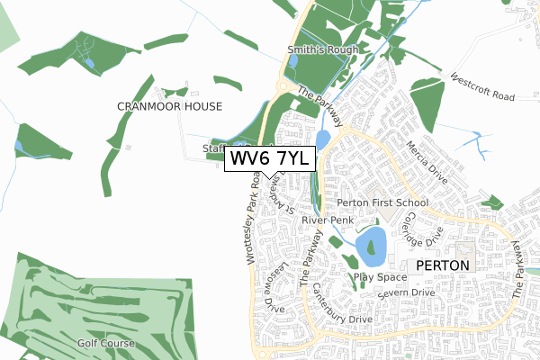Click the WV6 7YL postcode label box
coord(270,158)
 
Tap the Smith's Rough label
coord(322,49)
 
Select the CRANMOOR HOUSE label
coord(169,106)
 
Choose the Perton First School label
coord(376,204)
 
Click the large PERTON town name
coord(442,266)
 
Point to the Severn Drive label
coord(406,293)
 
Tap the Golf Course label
coord(106,343)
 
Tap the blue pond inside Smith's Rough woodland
coord(292,63)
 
